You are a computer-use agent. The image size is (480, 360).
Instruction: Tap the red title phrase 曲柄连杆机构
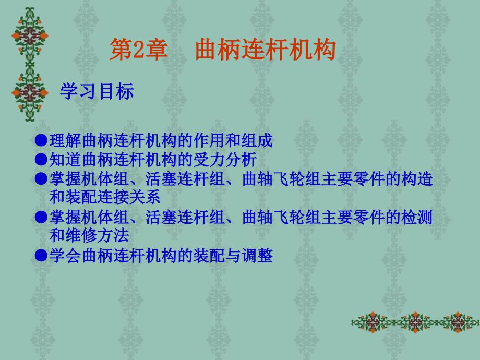pyautogui.click(x=266, y=49)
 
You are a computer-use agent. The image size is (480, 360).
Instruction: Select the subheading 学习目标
pyautogui.click(x=97, y=91)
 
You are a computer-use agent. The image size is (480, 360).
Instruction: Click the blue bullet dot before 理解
pyautogui.click(x=41, y=140)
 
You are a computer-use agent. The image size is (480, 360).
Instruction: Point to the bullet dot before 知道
pyautogui.click(x=41, y=160)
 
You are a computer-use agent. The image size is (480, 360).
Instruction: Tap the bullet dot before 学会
pyautogui.click(x=41, y=255)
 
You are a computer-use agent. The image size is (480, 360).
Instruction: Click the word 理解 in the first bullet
pyautogui.click(x=65, y=140)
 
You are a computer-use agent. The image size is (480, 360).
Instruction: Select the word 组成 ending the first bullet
pyautogui.click(x=257, y=140)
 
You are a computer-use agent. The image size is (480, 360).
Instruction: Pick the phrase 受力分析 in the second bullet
pyautogui.click(x=225, y=160)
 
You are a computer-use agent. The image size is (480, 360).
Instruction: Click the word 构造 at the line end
pyautogui.click(x=417, y=179)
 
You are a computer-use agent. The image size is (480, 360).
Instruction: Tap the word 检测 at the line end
pyautogui.click(x=417, y=217)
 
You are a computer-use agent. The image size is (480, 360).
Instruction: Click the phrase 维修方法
pyautogui.click(x=97, y=235)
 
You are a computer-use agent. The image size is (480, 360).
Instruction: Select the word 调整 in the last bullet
pyautogui.click(x=257, y=255)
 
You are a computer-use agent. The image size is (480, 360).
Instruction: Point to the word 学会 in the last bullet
pyautogui.click(x=65, y=255)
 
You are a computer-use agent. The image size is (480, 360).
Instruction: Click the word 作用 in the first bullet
pyautogui.click(x=209, y=140)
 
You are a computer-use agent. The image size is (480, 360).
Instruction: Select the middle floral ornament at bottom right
pyautogui.click(x=415, y=322)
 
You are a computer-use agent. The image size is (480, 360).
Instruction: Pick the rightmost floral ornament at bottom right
pyautogui.click(x=458, y=322)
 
